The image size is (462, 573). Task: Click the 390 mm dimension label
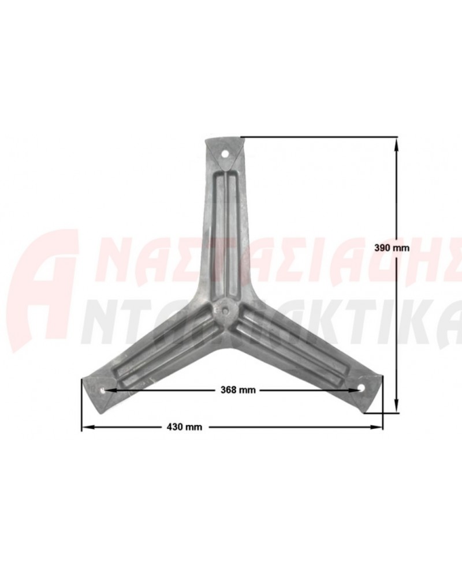392,248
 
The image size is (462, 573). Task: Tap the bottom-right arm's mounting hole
362,388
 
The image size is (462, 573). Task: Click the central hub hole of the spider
224,310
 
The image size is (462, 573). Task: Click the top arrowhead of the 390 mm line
396,144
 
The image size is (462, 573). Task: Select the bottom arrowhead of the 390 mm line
396,407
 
